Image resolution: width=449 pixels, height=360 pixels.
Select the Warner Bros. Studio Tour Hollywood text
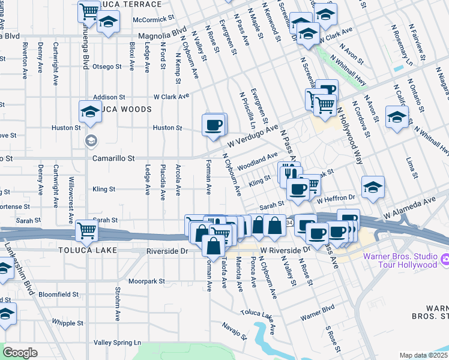401,260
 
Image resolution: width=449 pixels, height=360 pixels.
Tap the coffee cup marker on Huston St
214,125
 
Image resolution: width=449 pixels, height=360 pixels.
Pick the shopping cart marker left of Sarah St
88,230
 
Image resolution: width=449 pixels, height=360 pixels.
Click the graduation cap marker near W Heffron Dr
373,187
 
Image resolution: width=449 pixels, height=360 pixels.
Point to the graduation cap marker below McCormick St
108,23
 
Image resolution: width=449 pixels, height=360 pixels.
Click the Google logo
20,353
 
